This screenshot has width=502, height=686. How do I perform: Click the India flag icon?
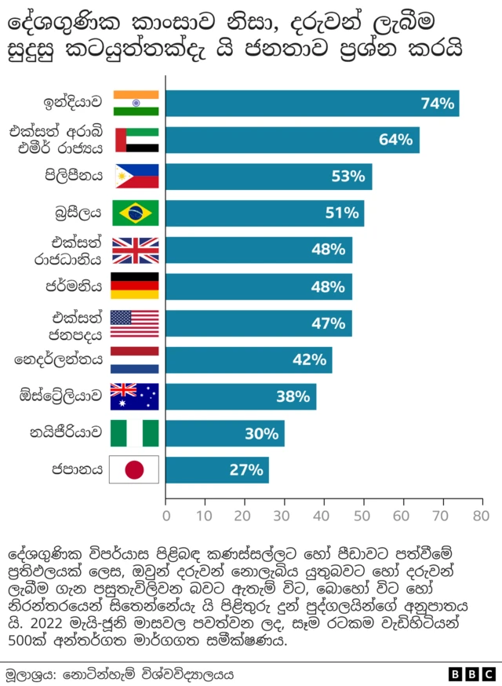(x=136, y=103)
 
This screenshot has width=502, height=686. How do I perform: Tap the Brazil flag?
(x=136, y=213)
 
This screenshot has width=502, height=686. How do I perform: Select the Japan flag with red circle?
(x=136, y=470)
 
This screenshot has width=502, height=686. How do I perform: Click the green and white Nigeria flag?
(x=136, y=433)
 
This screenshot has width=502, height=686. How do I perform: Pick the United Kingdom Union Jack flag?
(x=136, y=250)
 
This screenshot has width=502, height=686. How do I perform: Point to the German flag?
(x=136, y=286)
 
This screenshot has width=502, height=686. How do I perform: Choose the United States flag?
(x=136, y=323)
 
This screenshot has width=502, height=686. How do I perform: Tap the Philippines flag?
(x=136, y=176)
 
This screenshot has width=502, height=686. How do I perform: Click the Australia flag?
(x=136, y=396)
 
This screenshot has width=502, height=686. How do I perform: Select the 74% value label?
(x=438, y=104)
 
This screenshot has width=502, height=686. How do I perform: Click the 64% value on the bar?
(x=395, y=140)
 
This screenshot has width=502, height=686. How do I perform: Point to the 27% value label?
(x=246, y=470)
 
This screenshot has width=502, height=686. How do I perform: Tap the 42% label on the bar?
(x=309, y=360)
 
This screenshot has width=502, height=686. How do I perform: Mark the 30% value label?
(x=262, y=433)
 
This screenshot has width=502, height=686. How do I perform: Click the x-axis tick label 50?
(x=362, y=516)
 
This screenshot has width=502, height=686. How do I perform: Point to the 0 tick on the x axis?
(x=166, y=516)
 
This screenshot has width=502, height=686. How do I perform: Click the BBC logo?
(x=473, y=673)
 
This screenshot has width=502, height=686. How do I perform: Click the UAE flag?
(x=136, y=140)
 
